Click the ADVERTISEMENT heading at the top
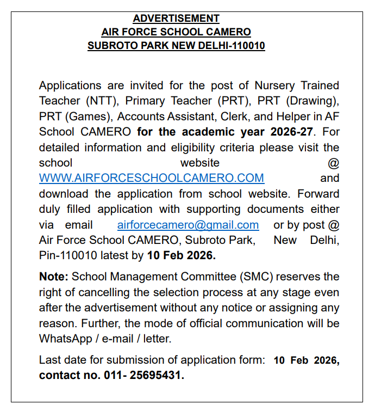point(176,19)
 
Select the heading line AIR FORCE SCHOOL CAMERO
point(176,32)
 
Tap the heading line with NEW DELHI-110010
point(176,46)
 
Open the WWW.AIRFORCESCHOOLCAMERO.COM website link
point(152,178)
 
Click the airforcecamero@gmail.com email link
point(188,225)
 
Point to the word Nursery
point(277,85)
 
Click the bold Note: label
point(53,277)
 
